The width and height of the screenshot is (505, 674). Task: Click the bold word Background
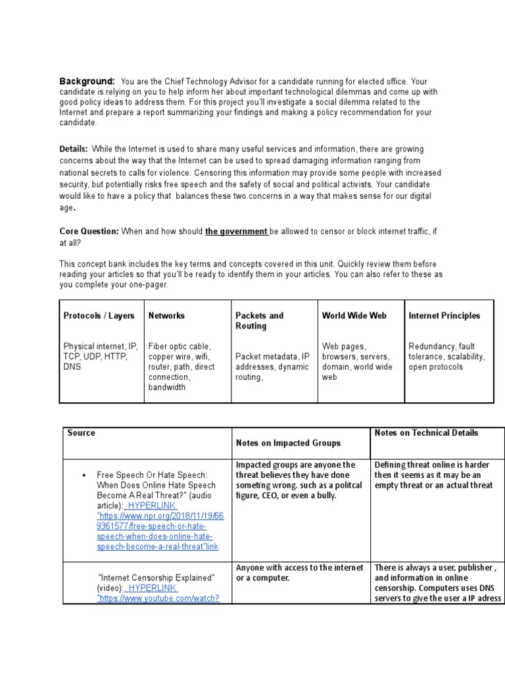87,80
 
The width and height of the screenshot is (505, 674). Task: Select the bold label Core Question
89,232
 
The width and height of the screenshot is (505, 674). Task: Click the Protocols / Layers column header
99,316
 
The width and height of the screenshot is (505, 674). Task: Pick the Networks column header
166,316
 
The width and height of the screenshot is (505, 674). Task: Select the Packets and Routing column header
259,321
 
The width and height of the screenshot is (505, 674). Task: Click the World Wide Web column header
354,316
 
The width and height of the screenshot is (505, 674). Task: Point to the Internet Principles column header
444,316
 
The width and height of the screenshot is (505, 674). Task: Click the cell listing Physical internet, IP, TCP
100,356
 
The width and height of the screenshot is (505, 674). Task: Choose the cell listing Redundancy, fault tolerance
446,356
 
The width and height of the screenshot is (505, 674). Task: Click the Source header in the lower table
81,433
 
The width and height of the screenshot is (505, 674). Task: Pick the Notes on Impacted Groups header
288,444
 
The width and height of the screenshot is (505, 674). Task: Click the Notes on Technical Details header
426,433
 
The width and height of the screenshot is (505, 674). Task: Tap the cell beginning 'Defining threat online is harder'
434,475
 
